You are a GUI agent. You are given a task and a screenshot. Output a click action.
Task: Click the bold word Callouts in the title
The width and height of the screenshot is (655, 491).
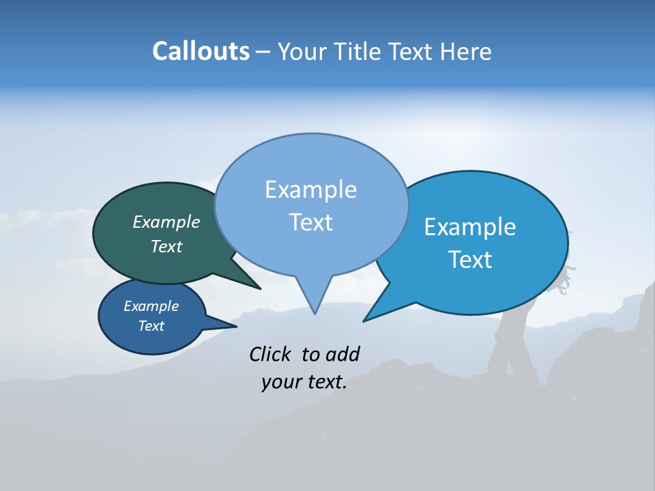201,51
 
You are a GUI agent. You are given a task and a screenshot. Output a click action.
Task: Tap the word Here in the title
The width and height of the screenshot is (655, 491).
466,52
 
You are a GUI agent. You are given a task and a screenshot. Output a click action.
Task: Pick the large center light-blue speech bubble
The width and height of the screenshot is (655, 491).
311,205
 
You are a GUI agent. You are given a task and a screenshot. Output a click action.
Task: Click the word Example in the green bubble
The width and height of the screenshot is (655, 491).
166,222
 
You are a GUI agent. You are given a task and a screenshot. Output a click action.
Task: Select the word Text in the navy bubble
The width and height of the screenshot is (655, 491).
151,326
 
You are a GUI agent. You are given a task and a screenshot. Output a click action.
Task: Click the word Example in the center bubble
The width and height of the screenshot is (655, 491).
311,190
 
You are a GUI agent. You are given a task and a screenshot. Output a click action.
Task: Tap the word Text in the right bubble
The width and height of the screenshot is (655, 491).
471,260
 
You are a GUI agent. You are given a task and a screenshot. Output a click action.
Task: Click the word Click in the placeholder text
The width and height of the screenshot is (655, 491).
272,354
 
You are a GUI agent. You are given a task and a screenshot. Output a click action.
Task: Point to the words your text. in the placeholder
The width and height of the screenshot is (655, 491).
304,383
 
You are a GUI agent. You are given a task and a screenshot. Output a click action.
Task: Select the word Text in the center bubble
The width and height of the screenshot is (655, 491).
311,222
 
